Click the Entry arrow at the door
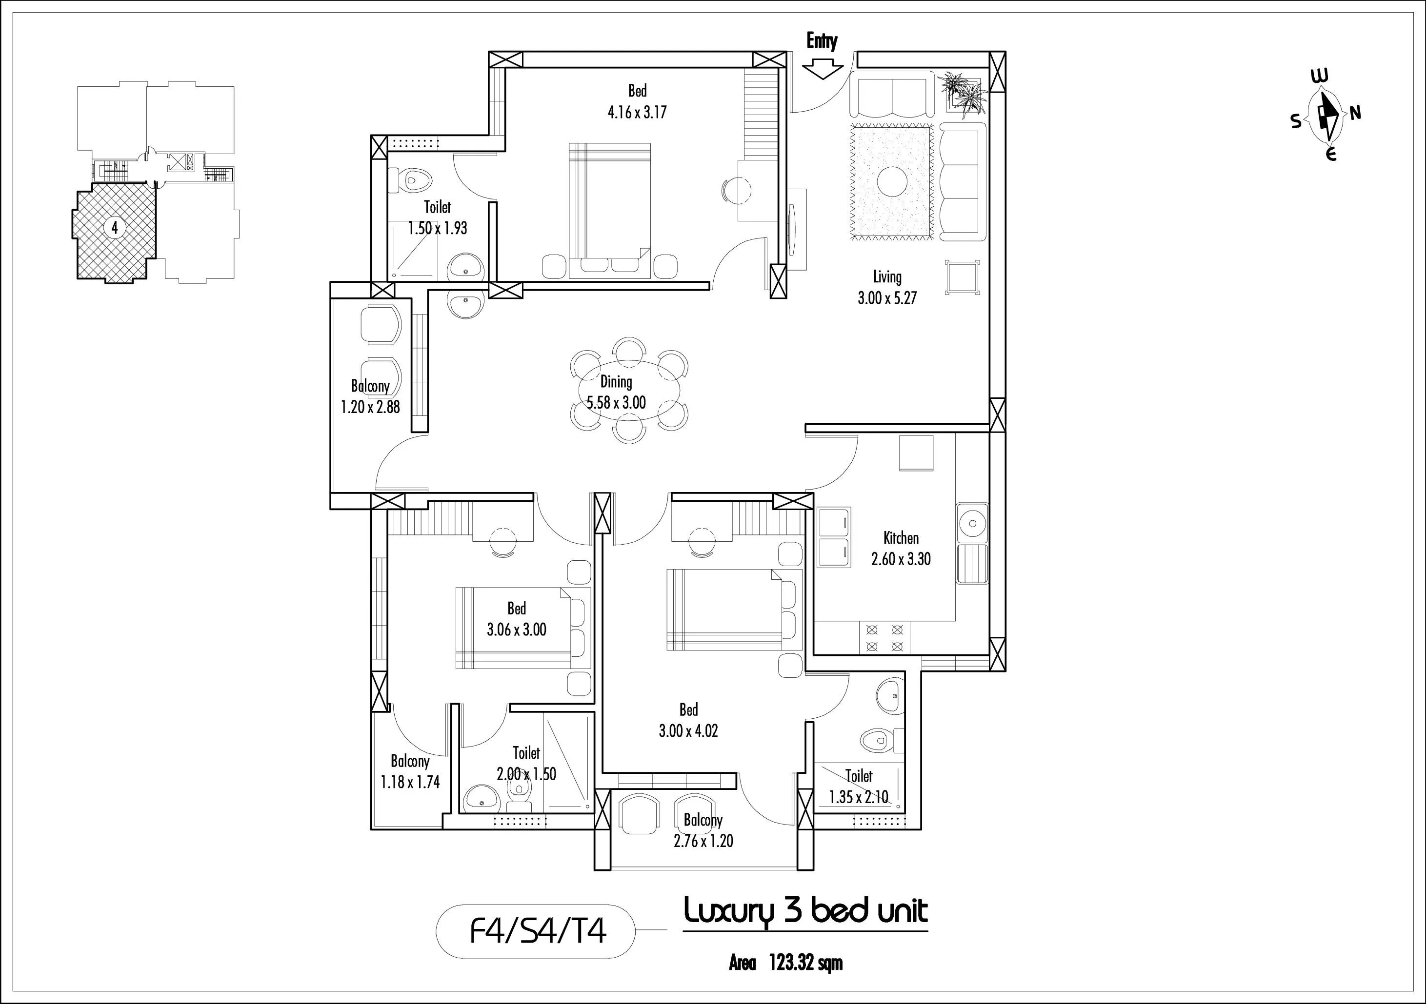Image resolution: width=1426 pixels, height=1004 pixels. pyautogui.click(x=823, y=68)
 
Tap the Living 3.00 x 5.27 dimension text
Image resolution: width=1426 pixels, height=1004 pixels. pyautogui.click(x=887, y=298)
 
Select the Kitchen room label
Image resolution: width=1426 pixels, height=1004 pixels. pyautogui.click(x=901, y=538)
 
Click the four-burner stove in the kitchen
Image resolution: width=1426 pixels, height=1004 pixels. pyautogui.click(x=884, y=638)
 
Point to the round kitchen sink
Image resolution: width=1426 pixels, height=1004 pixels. pyautogui.click(x=972, y=519)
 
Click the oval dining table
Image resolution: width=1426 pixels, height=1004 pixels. pyautogui.click(x=629, y=391)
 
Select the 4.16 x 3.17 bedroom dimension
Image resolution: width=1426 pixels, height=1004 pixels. pyautogui.click(x=637, y=112)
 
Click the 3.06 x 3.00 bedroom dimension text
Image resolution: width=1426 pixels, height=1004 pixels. pyautogui.click(x=516, y=630)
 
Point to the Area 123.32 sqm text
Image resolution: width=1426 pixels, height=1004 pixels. pyautogui.click(x=785, y=963)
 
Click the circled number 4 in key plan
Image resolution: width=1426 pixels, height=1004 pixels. pyautogui.click(x=114, y=228)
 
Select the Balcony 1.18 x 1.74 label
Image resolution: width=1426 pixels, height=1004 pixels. pyautogui.click(x=410, y=771)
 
